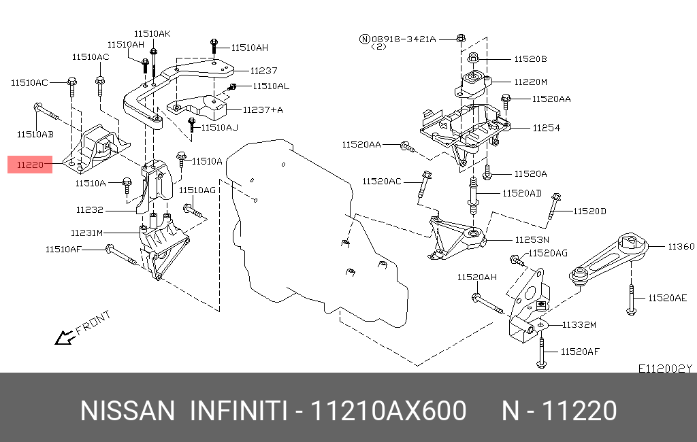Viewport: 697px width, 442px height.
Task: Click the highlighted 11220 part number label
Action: (x=30, y=165)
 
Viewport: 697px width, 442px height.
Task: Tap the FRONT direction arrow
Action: (x=65, y=336)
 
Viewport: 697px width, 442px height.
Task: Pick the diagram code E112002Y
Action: (x=664, y=369)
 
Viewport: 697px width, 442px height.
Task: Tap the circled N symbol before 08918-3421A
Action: (x=364, y=39)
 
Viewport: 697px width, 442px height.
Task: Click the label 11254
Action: (x=546, y=127)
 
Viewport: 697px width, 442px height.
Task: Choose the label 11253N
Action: (x=532, y=239)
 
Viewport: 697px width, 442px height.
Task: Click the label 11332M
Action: (x=579, y=325)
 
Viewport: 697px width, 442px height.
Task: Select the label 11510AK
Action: (x=152, y=33)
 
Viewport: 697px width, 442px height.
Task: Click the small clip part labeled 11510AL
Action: (x=232, y=87)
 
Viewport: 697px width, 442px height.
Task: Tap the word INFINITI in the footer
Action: (x=236, y=411)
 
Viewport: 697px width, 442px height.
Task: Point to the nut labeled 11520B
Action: (x=475, y=58)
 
